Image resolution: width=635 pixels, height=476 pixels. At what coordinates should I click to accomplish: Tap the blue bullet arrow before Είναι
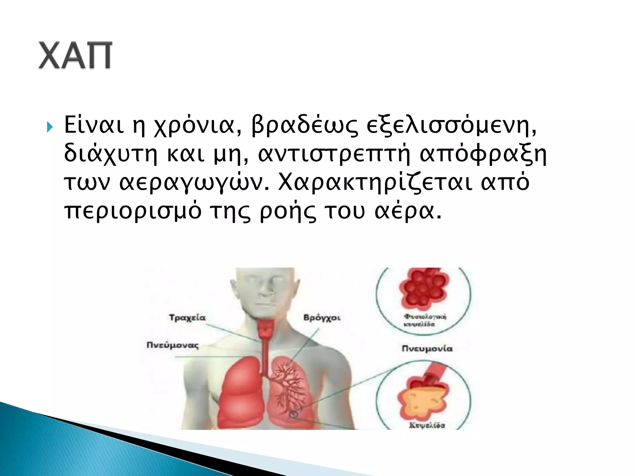[50, 127]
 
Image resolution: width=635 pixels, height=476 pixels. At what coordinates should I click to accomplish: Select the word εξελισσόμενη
[451, 126]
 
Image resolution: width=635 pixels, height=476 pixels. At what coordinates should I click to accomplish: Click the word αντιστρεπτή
[334, 154]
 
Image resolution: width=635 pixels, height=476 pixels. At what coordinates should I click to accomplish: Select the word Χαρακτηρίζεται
[375, 183]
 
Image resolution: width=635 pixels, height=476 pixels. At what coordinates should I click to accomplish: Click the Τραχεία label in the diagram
[187, 318]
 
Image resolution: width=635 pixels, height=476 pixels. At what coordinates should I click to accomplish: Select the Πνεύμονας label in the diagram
[173, 345]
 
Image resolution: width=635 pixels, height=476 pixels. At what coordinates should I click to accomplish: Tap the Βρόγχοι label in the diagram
[322, 318]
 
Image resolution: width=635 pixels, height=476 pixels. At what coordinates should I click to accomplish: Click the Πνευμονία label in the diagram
[427, 349]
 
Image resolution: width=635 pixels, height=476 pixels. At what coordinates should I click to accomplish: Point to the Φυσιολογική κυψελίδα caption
[424, 320]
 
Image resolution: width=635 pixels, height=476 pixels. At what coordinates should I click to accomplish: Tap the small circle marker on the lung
[293, 414]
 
